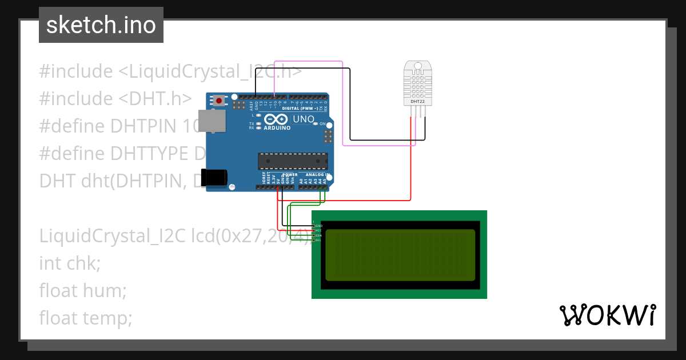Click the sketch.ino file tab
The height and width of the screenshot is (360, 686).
click(101, 25)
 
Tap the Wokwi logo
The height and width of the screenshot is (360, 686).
click(607, 315)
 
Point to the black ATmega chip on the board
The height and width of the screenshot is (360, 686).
click(293, 162)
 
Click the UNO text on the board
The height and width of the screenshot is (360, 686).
click(304, 119)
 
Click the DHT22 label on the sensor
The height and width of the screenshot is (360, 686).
click(418, 102)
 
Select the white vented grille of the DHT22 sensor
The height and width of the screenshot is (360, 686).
click(417, 85)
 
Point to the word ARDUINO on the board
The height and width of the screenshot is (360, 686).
click(277, 128)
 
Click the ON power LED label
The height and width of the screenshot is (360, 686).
click(322, 124)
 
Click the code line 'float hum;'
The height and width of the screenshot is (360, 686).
click(82, 290)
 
